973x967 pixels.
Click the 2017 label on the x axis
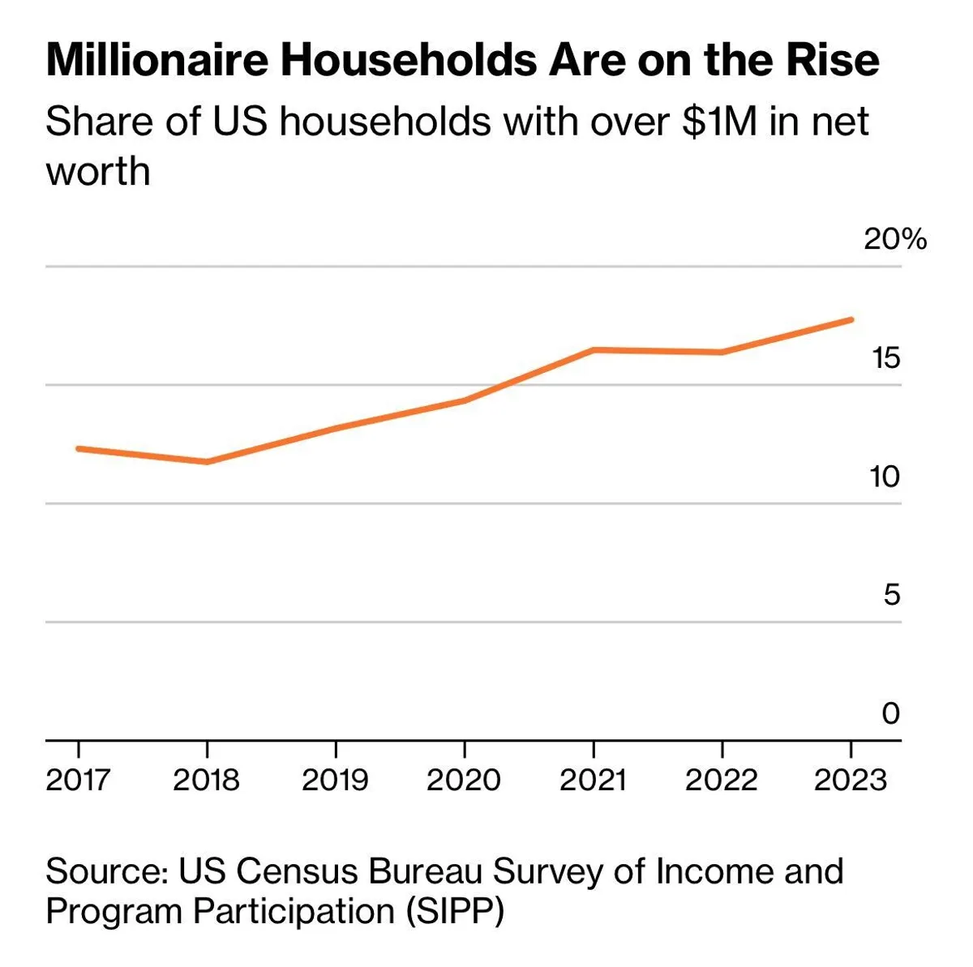point(78,780)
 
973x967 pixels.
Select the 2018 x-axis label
point(206,780)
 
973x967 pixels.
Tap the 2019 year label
point(335,780)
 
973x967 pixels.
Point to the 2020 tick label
point(464,780)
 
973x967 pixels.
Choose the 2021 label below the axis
point(593,780)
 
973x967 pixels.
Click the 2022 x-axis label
point(721,780)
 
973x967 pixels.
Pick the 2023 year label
point(851,780)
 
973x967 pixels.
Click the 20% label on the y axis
point(894,239)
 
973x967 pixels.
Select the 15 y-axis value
point(885,357)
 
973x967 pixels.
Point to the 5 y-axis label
point(891,595)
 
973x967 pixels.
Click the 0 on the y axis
point(890,713)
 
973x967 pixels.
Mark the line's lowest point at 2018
point(207,462)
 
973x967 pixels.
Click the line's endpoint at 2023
point(851,319)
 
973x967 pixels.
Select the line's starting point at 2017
point(79,448)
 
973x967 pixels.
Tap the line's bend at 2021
point(594,349)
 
